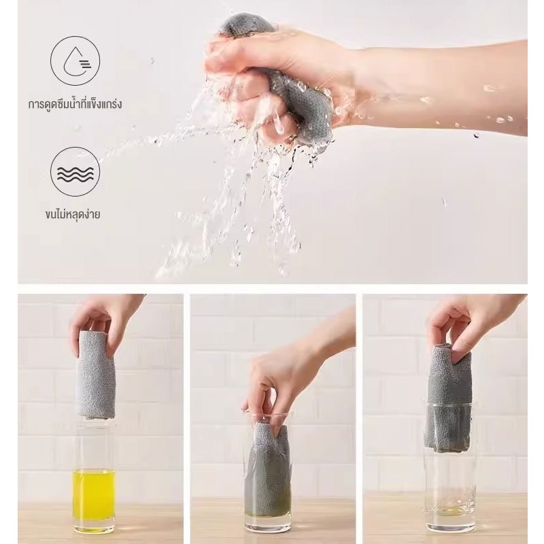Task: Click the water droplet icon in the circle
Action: click(75, 61)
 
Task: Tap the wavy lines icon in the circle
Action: click(75, 172)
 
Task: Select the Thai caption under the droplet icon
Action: click(75, 103)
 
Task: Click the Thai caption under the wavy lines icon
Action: click(73, 214)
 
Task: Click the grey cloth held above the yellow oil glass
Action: click(96, 375)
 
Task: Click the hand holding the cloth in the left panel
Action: click(104, 319)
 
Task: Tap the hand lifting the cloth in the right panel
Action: click(469, 322)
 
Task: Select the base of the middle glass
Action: click(268, 524)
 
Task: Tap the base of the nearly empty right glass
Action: click(450, 523)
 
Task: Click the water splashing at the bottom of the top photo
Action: click(226, 226)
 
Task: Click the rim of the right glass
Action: click(450, 403)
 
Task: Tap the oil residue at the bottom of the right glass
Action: click(449, 510)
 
